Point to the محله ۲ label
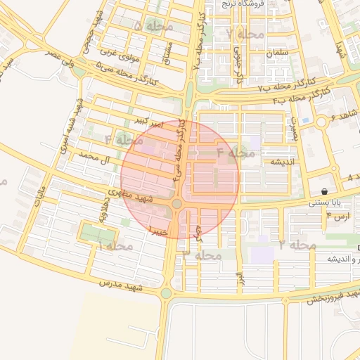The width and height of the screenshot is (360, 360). point(296,245)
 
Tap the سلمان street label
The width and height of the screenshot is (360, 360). point(278,53)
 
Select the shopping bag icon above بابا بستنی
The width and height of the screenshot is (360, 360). point(323,191)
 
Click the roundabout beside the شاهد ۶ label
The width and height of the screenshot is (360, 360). point(321,122)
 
